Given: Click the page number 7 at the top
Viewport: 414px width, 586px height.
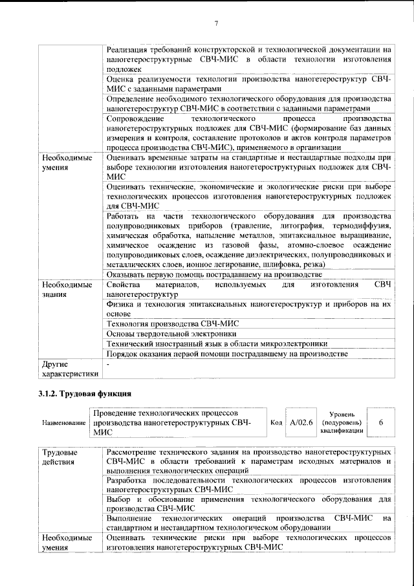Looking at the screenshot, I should [x=216, y=24].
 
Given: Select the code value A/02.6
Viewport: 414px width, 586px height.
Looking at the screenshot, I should [x=301, y=422].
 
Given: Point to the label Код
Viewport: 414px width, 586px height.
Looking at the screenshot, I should [x=276, y=422].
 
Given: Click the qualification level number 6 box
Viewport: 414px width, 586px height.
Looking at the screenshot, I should [x=381, y=422].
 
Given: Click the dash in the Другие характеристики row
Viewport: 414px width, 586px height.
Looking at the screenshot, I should [x=108, y=364].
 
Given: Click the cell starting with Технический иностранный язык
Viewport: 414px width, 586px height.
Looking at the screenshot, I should [x=217, y=343].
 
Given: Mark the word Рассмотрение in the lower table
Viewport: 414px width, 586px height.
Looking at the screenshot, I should [x=136, y=451].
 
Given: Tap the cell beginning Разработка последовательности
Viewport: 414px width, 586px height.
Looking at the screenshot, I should [x=248, y=486].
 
